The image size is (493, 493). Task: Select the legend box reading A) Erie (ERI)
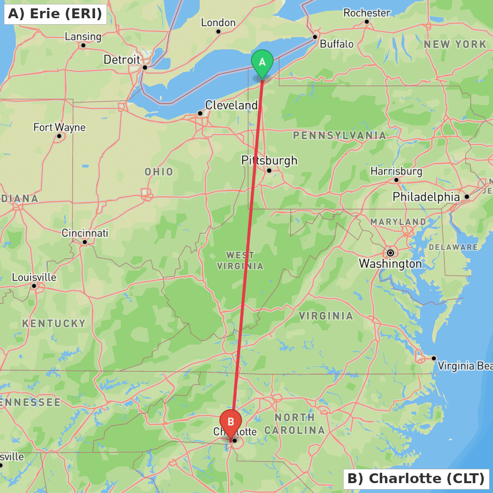[55, 14]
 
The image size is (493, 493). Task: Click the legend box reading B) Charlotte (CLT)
[416, 478]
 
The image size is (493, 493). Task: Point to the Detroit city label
[122, 60]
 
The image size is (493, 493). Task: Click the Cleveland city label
[231, 105]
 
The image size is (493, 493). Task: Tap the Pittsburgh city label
[269, 160]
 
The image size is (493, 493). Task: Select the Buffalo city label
[337, 44]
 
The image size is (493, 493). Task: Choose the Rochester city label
[367, 13]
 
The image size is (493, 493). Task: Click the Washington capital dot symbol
[390, 253]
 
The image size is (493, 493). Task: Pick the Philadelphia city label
[426, 197]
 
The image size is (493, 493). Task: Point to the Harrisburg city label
[396, 171]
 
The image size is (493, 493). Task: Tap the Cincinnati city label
[85, 233]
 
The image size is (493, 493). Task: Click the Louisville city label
[34, 277]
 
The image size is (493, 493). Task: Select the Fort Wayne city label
[59, 127]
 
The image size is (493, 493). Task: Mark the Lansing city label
[83, 36]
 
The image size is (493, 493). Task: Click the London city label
[218, 23]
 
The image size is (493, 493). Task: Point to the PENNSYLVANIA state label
[340, 135]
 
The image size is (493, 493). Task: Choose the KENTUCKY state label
[54, 323]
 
